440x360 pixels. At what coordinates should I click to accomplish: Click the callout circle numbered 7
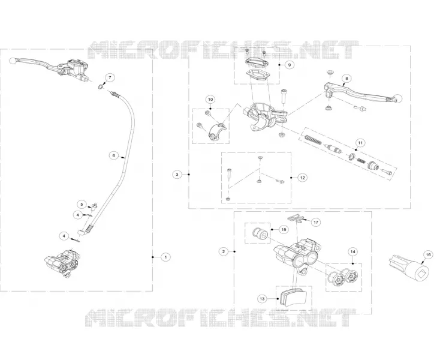point(110,77)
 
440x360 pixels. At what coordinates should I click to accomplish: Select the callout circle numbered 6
point(114,155)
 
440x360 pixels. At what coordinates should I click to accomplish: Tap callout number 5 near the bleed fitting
point(82,204)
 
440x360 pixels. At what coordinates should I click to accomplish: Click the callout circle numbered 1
point(165,257)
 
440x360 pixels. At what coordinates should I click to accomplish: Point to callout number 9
point(290,65)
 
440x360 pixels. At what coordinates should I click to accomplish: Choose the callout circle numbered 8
point(346,79)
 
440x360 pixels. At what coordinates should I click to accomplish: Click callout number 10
point(210,100)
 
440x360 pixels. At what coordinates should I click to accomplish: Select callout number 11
point(360,143)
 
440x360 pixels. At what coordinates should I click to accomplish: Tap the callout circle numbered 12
point(302,178)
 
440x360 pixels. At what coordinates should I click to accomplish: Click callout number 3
point(177,175)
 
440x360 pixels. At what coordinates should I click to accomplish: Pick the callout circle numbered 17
point(316,223)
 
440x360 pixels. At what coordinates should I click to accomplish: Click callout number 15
point(284,229)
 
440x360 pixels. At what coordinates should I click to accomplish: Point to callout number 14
point(352,251)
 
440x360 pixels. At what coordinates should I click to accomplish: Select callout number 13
point(262,299)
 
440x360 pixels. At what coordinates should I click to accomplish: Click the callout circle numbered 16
point(428,254)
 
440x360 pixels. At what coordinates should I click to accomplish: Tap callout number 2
point(224,251)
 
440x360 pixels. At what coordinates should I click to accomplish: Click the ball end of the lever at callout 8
point(398,98)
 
